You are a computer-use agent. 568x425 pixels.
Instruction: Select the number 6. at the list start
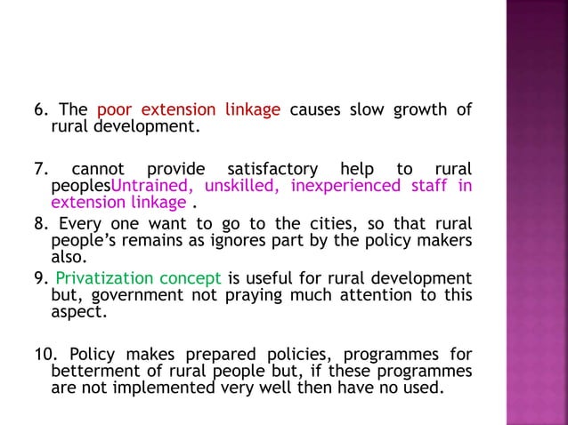click(41, 110)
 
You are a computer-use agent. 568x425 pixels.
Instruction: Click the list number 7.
click(41, 169)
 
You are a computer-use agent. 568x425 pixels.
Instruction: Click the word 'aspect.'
click(77, 312)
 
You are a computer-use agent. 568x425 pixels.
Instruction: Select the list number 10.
click(45, 353)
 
